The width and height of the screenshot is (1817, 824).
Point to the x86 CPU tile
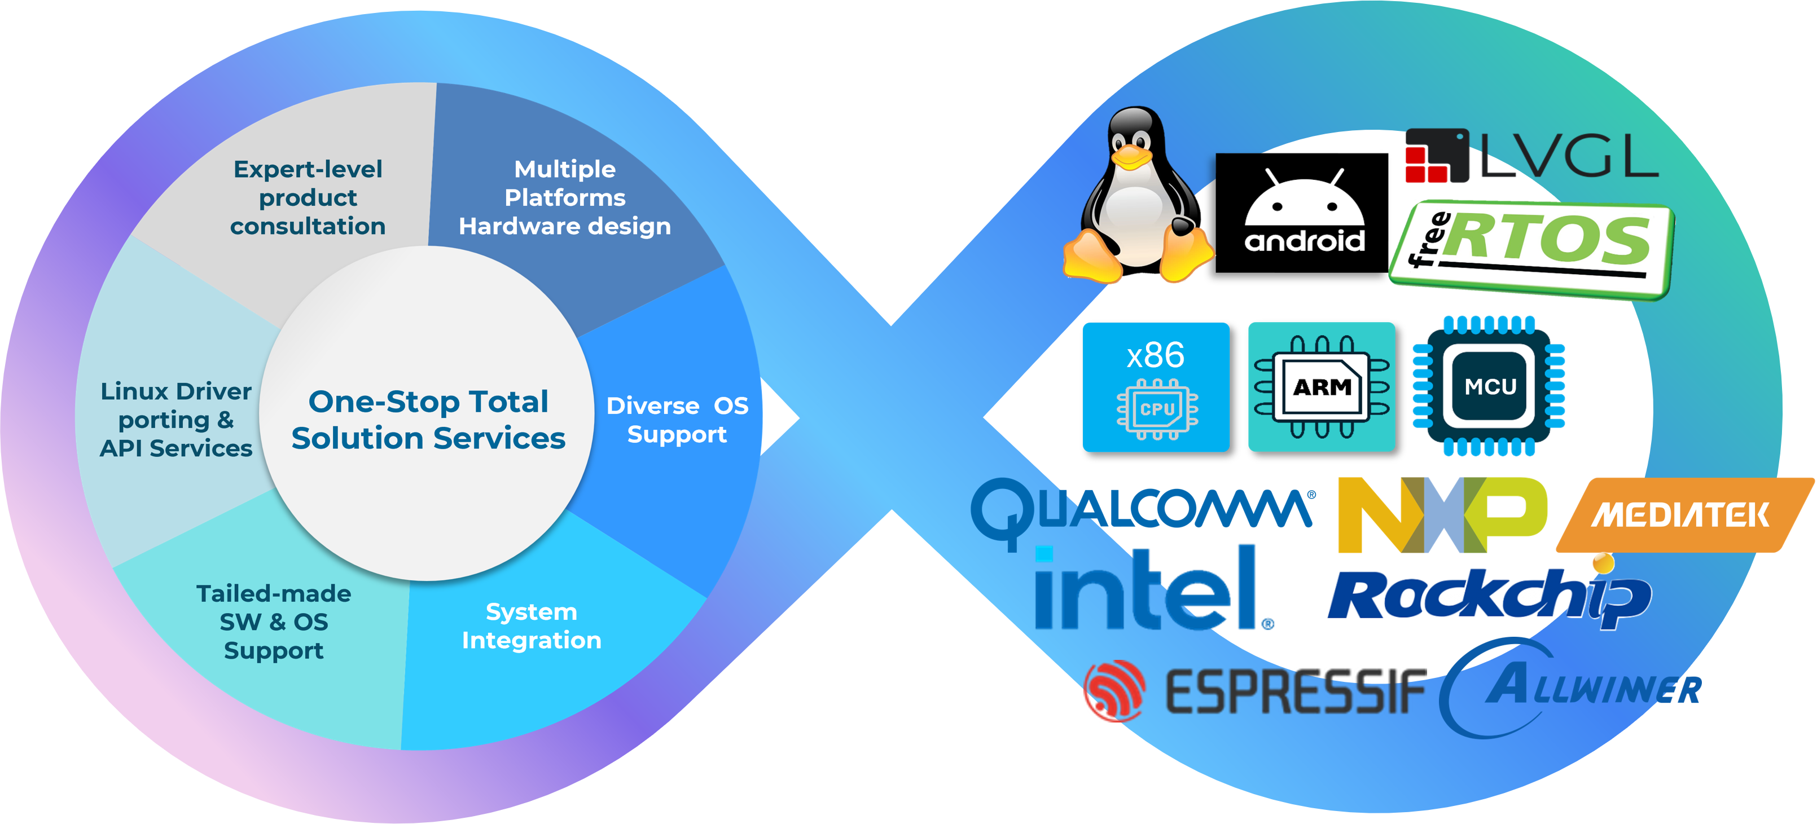click(1156, 387)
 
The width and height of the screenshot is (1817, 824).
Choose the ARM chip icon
click(1321, 387)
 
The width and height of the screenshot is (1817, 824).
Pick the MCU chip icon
click(1489, 386)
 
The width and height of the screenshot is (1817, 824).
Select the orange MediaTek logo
click(1682, 514)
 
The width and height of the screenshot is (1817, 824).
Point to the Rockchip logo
click(1489, 596)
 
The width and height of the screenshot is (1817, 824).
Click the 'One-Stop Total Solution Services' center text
click(428, 420)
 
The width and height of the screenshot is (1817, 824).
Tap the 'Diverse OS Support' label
click(677, 420)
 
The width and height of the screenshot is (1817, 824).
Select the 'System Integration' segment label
click(531, 626)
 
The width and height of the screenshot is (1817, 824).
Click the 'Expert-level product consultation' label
click(308, 198)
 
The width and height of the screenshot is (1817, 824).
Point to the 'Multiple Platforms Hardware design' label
click(564, 198)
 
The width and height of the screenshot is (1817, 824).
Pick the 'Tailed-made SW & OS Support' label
click(274, 622)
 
